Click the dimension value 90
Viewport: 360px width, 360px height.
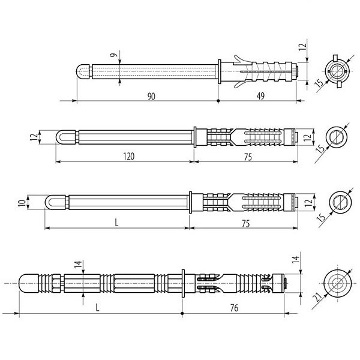151,96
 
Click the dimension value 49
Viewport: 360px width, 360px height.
260,96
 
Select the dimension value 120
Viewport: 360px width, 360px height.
129,157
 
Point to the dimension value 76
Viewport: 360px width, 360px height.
234,308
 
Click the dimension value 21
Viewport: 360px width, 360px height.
317,298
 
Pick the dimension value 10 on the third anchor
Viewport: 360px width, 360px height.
22,203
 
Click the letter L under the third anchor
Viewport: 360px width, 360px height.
116,223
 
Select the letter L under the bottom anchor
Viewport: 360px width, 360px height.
97,307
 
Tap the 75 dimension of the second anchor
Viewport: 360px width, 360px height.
248,157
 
